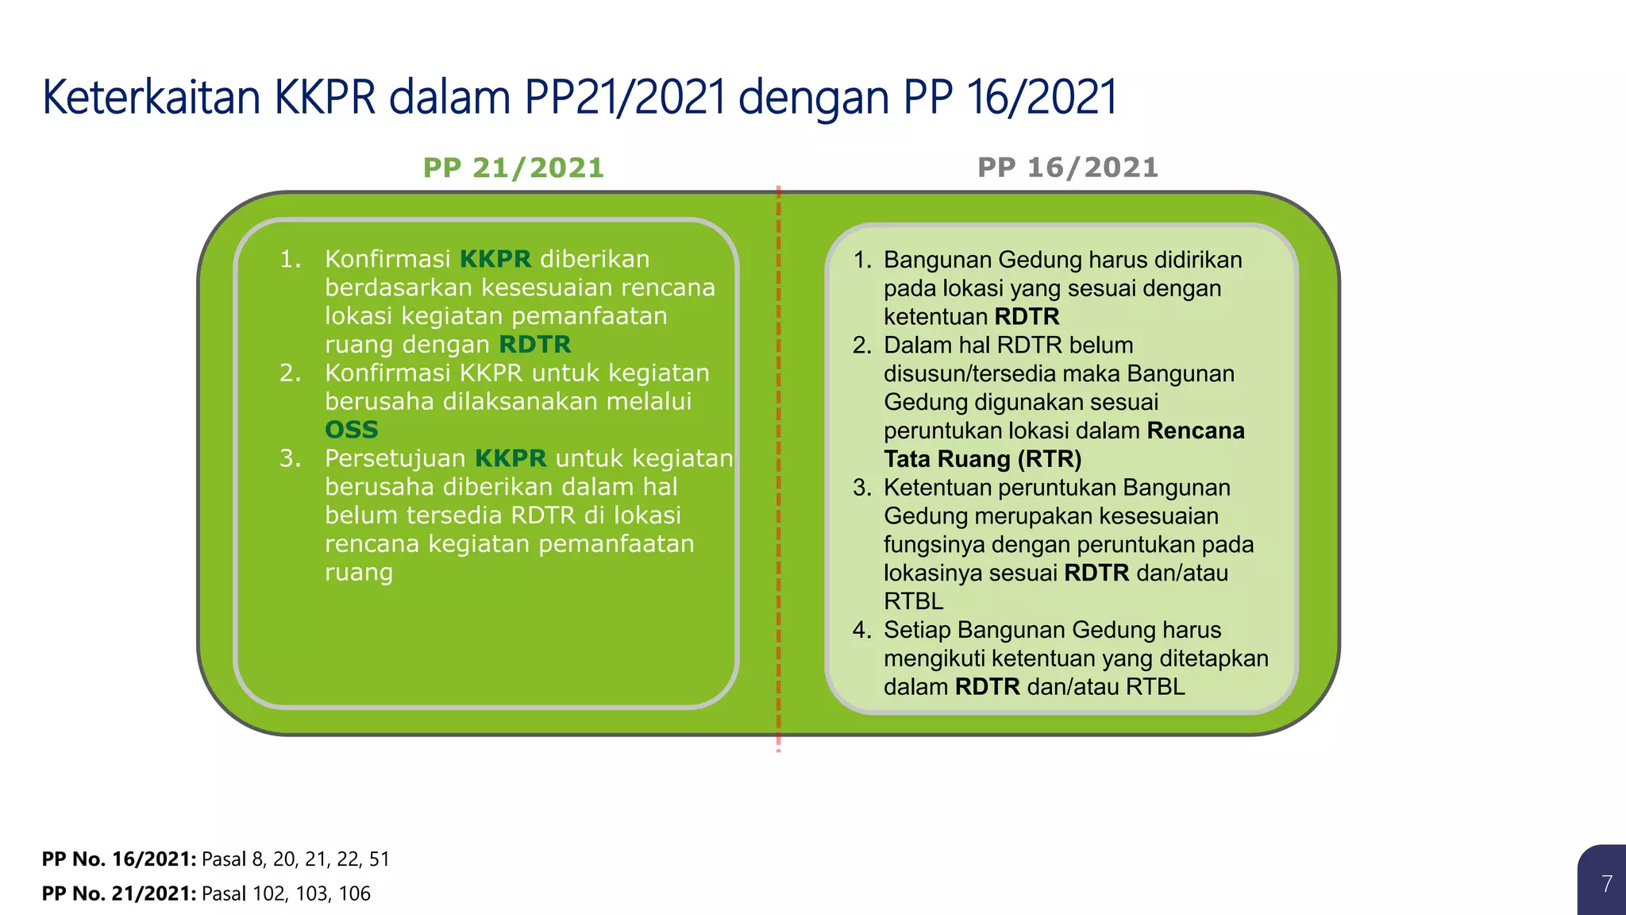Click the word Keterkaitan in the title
pos(151,98)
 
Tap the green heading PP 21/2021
pos(514,168)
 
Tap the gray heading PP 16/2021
pos(1068,168)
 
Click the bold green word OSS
pos(352,430)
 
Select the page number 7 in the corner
pos(1606,883)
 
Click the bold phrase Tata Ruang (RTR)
pos(983,459)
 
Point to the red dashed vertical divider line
pos(779,477)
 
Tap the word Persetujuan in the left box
pos(395,458)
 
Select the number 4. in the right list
pos(862,630)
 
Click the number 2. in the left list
pos(290,373)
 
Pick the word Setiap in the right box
pos(917,630)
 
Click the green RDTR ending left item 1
pos(535,345)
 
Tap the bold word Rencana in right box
pos(1196,430)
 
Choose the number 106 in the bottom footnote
pos(354,894)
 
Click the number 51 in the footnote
pos(380,859)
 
